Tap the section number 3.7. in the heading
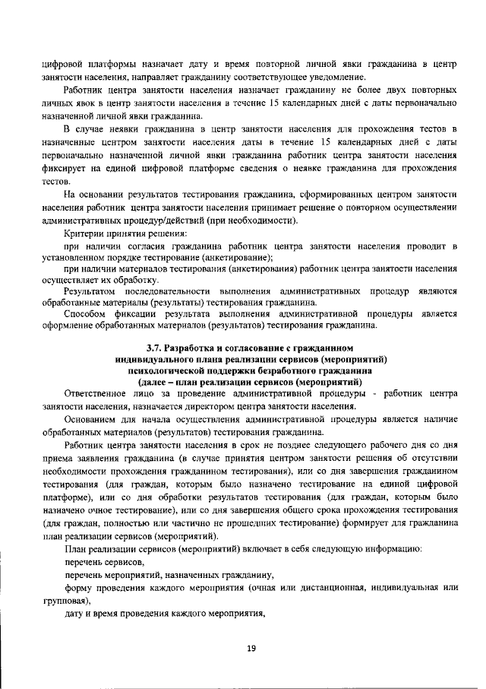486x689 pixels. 156,348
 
